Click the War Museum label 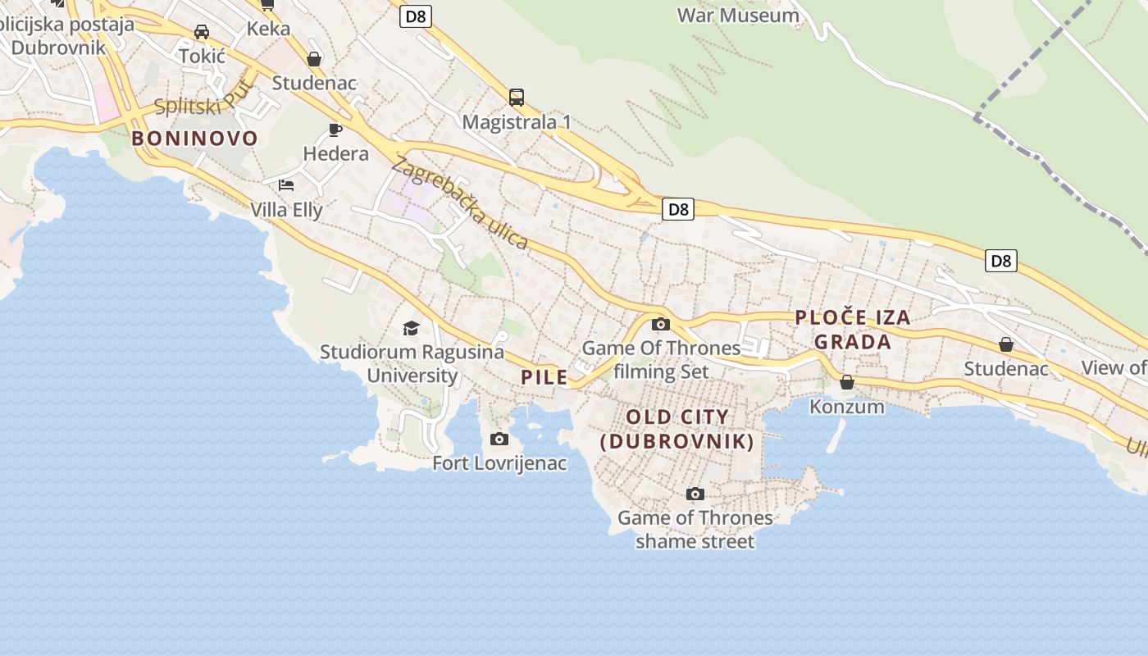pos(738,15)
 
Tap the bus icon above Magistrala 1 pos(517,98)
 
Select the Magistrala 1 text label pos(517,122)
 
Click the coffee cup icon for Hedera pos(335,130)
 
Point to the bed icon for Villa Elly pos(286,185)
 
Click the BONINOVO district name pos(195,138)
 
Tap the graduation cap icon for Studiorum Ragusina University pos(411,329)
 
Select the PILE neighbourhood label pos(544,377)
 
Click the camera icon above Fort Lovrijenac pos(499,440)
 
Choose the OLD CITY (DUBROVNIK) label pos(677,429)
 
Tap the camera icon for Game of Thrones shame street pos(695,494)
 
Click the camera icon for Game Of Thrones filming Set pos(660,324)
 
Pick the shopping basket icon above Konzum pos(847,382)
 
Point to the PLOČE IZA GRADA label pos(853,330)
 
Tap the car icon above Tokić pos(202,32)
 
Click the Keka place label pos(268,29)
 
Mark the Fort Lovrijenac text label pos(499,463)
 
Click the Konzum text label pos(847,407)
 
